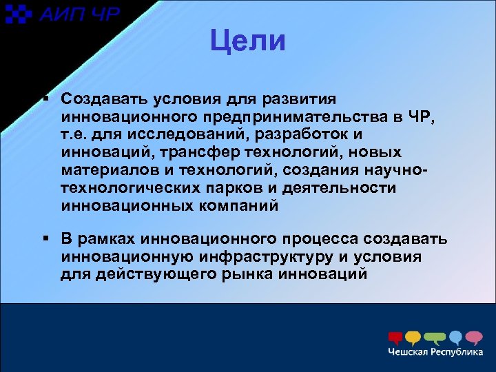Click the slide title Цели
pos(247,41)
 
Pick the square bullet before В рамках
pos(45,239)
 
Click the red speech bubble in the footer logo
pos(395,338)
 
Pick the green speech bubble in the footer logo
pos(435,338)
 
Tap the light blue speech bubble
pos(455,338)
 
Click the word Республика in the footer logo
pos(457,353)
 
